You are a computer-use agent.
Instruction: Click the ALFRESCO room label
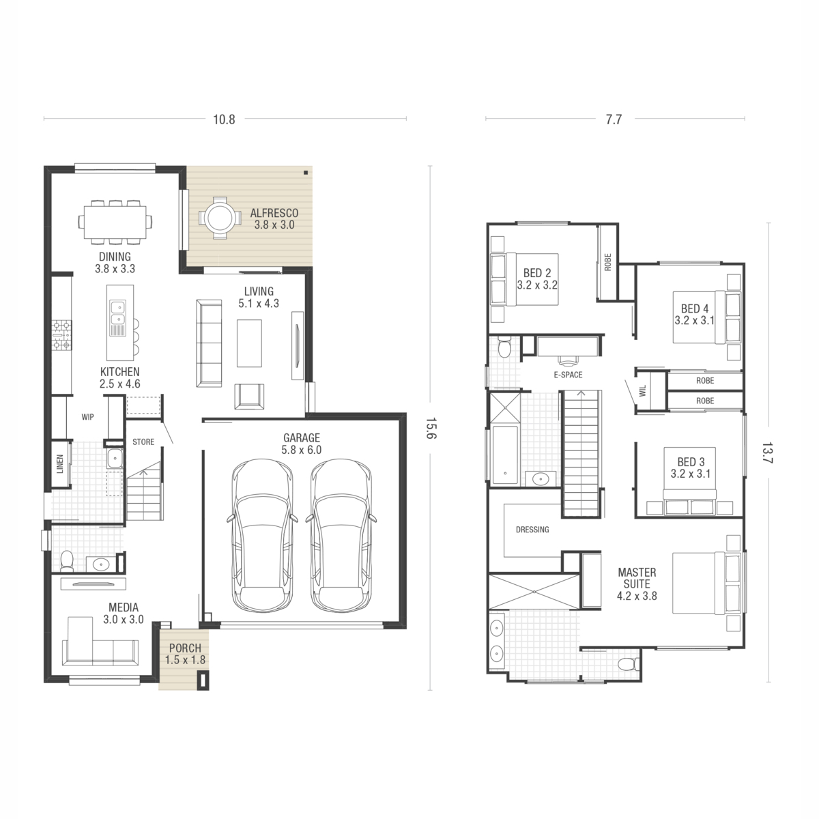point(274,213)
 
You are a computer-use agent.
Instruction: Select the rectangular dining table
point(115,222)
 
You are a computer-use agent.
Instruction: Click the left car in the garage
point(263,535)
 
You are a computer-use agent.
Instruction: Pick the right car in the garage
point(341,535)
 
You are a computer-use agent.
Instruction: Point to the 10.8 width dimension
point(224,119)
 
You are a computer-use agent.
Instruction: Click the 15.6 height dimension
point(431,428)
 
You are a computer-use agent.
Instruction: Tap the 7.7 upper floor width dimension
point(614,119)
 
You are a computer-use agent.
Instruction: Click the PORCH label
point(185,648)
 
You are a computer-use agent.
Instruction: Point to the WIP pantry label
point(87,417)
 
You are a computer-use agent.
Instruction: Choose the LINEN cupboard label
point(60,463)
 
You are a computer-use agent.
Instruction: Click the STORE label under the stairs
point(143,442)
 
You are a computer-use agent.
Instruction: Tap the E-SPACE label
point(569,375)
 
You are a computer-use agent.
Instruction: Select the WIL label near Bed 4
point(642,390)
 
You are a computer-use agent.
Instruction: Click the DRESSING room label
point(532,529)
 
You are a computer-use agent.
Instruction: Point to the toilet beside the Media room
point(67,561)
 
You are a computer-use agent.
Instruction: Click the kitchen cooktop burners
point(61,336)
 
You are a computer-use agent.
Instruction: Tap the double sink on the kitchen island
point(117,312)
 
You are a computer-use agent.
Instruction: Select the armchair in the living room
point(249,396)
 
